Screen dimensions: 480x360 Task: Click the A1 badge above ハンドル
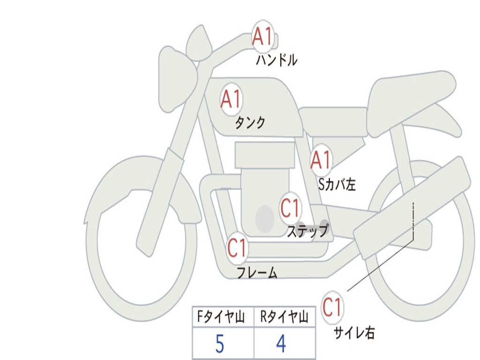(x=262, y=36)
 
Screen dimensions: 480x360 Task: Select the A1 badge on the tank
(x=231, y=99)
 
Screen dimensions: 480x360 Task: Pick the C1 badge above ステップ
(x=290, y=208)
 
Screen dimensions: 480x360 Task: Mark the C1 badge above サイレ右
(x=332, y=307)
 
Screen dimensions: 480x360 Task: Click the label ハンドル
(x=277, y=60)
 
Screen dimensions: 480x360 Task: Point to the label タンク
(x=250, y=123)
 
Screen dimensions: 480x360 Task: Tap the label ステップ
(x=307, y=231)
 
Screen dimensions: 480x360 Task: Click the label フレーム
(x=257, y=272)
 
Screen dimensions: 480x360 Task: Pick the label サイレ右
(x=354, y=333)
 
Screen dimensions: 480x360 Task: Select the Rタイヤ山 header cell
(x=284, y=318)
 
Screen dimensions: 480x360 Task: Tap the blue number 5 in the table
(x=220, y=344)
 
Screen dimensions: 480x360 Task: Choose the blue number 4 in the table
(x=281, y=344)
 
